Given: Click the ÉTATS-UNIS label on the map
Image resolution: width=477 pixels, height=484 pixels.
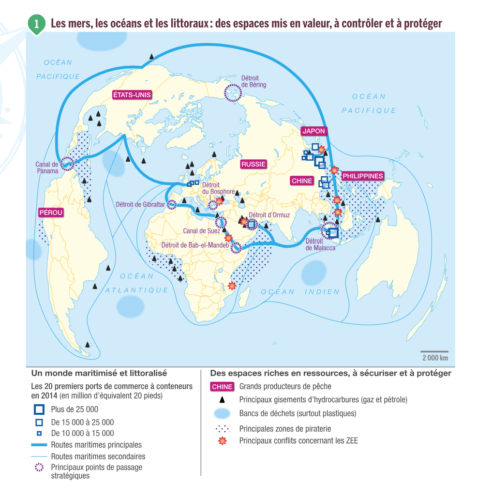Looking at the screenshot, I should [x=132, y=95].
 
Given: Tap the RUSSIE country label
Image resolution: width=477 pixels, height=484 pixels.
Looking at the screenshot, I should [x=253, y=164].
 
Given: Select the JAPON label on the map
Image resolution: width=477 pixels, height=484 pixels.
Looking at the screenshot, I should [x=313, y=131].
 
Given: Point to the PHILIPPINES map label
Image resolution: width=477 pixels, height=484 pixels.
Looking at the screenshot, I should [x=362, y=176].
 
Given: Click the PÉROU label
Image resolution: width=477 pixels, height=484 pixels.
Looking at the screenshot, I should [x=51, y=212].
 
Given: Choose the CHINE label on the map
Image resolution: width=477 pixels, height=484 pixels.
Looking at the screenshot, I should [x=302, y=181].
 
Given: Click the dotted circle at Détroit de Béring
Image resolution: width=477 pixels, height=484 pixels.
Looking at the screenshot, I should [x=233, y=92].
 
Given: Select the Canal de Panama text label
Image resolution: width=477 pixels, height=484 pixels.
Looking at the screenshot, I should [x=47, y=167].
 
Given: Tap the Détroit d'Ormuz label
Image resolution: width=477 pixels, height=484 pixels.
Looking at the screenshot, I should [x=269, y=215].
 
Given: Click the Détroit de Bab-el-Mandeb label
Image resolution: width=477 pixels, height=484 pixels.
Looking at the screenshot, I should [x=195, y=245].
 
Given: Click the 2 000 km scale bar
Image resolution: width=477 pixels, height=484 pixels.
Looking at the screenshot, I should [x=434, y=352].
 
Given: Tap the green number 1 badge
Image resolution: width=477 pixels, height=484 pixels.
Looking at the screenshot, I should [x=36, y=23].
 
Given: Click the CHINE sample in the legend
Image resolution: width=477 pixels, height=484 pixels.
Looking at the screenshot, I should [x=222, y=387].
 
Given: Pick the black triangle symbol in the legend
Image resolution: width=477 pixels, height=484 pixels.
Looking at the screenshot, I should [x=222, y=400].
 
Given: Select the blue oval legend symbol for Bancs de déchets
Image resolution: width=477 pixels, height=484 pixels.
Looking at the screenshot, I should [x=222, y=414].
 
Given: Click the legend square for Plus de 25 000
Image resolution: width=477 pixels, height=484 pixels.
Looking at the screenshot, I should [x=39, y=409].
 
